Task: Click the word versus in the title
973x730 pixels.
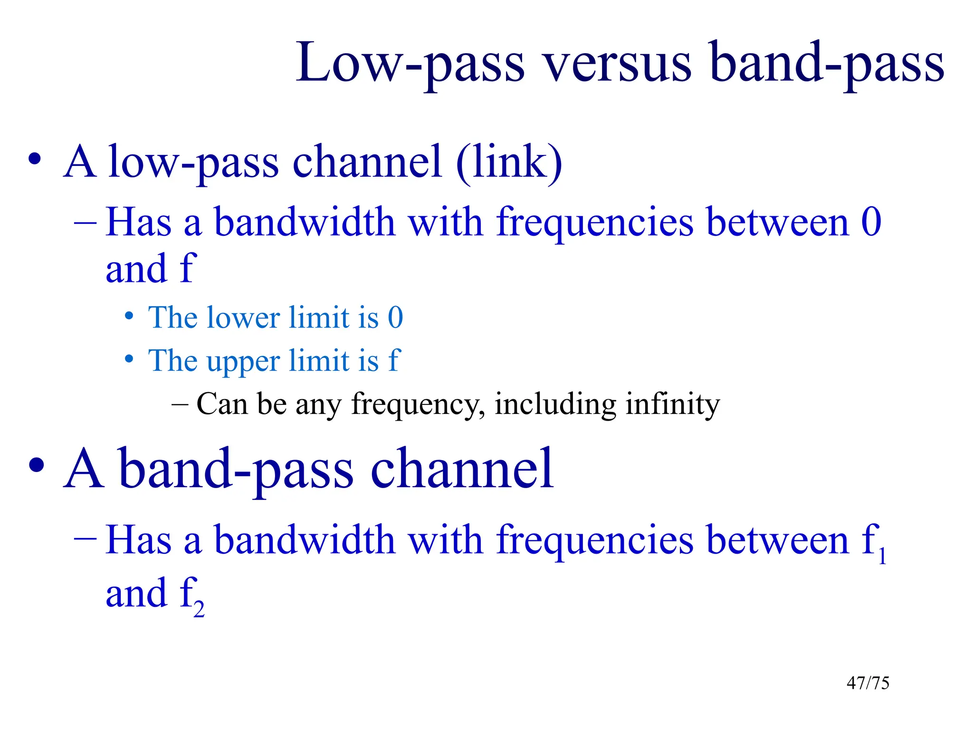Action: [618, 64]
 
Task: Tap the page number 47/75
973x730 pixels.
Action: [868, 683]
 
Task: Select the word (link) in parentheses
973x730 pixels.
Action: [509, 163]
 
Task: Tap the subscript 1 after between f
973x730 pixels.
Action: [882, 556]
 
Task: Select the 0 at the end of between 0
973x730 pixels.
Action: [871, 222]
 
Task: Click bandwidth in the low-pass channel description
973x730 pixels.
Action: [304, 222]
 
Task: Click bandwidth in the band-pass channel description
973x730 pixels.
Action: [304, 540]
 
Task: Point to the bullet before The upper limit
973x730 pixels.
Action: [129, 359]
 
